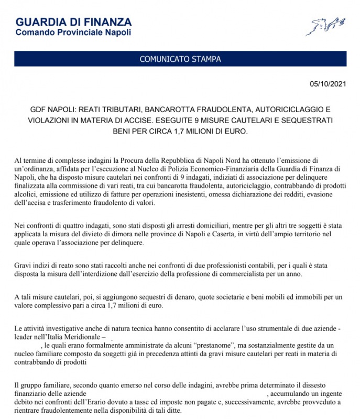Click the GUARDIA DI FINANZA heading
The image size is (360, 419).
73,23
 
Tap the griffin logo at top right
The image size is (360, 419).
325,26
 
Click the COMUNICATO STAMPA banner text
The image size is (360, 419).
180,59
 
